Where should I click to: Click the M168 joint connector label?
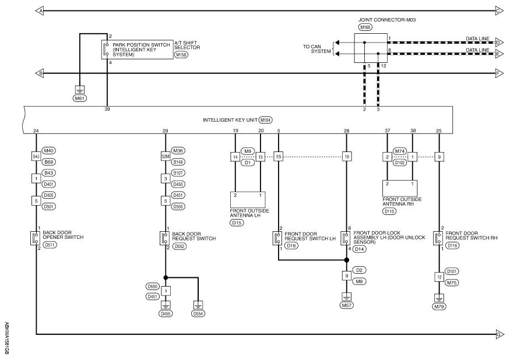[365, 27]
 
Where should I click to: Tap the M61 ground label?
[80, 98]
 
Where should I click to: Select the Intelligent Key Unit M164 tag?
[265, 120]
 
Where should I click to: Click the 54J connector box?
[36, 157]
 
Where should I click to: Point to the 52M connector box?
[166, 157]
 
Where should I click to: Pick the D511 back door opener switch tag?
[50, 245]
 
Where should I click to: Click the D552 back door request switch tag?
[180, 246]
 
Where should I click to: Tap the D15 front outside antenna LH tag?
[237, 223]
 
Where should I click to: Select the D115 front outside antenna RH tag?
[389, 211]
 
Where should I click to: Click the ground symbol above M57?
[346, 297]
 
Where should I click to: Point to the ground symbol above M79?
[439, 298]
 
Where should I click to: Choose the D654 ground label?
[198, 313]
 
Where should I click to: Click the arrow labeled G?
[500, 334]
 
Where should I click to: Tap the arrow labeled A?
[40, 10]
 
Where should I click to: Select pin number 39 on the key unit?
[107, 110]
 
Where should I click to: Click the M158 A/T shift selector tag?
[181, 55]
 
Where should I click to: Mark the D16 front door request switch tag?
[291, 245]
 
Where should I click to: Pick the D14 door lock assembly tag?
[360, 249]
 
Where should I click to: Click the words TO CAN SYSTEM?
[317, 49]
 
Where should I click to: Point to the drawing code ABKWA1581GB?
[7, 338]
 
